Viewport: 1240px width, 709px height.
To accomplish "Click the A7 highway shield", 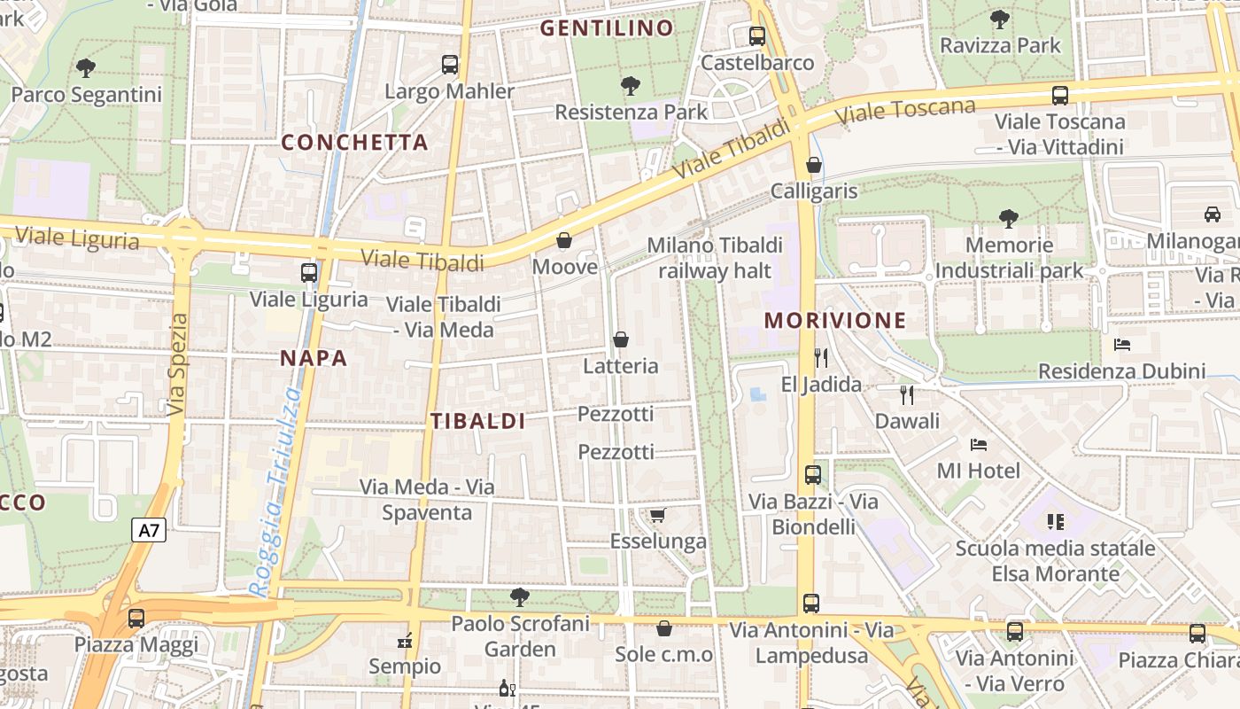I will point(150,531).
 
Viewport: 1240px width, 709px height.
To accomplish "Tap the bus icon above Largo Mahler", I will point(450,65).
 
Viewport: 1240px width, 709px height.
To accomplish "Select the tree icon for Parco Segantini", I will point(86,67).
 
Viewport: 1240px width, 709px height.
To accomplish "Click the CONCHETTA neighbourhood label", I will point(354,143).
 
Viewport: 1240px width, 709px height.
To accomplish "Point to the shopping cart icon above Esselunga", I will point(657,515).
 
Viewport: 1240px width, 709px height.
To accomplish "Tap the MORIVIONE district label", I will point(835,321).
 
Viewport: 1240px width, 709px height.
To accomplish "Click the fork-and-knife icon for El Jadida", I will point(821,358).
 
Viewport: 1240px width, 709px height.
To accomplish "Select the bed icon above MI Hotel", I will point(979,444).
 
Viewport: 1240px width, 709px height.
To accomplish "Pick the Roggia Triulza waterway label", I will point(277,492).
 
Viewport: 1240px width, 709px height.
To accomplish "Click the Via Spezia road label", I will point(177,364).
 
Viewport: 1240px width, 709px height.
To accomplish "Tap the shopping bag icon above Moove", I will point(564,240).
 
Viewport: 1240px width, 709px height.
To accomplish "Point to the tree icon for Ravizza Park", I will point(1000,19).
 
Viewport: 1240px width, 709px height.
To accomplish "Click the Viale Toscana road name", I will point(904,110).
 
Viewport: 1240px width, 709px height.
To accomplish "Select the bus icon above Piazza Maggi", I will point(136,618).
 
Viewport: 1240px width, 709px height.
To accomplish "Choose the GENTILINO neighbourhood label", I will point(607,28).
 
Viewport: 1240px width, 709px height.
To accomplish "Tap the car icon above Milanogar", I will point(1213,214).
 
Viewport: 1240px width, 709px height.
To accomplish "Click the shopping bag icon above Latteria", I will point(621,339).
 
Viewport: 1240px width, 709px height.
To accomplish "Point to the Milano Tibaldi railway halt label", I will point(715,257).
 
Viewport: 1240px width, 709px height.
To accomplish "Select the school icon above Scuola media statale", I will point(1055,521).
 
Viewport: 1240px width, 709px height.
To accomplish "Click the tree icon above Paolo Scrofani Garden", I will point(520,596).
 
